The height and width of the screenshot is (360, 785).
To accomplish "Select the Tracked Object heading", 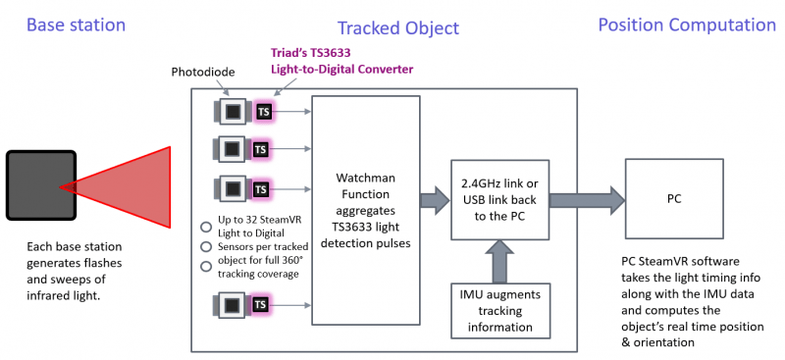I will (x=397, y=28).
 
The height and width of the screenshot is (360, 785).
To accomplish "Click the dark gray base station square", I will (x=40, y=184).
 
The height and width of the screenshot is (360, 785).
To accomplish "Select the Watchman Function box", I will (x=365, y=210).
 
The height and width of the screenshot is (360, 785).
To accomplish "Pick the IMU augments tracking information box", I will (x=499, y=307).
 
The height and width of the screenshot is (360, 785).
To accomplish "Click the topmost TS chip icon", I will (x=262, y=112).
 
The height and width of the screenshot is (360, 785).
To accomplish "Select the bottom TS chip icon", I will (x=262, y=306).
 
